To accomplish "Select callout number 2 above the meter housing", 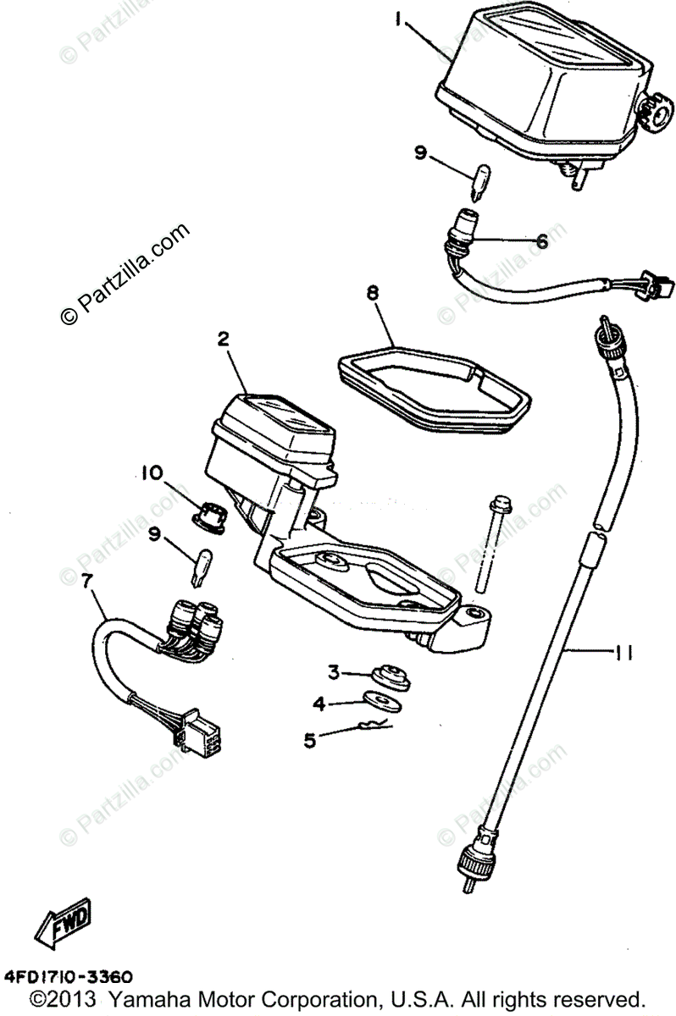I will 224,340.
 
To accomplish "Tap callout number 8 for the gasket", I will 373,293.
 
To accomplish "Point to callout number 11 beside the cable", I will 623,651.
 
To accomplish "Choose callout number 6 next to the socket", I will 540,240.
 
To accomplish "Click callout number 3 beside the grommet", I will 334,672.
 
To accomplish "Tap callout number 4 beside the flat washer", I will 318,703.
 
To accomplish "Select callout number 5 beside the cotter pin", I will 309,739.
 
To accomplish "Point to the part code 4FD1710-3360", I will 68,976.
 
